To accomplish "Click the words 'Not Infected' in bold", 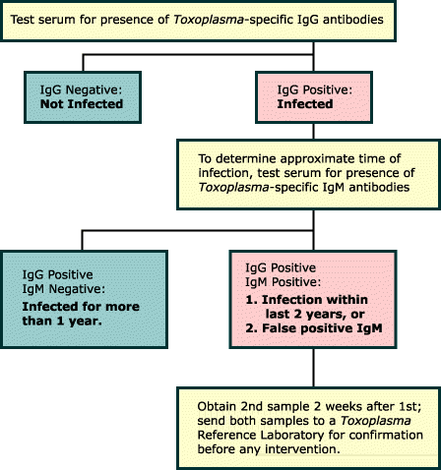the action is point(82,104).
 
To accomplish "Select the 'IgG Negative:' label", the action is point(81,89).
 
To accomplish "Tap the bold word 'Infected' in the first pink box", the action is point(305,104).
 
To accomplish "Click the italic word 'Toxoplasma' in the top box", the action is point(209,20).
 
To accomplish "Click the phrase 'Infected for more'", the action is point(81,307).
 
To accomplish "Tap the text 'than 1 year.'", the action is point(62,321).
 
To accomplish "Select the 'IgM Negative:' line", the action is point(64,289).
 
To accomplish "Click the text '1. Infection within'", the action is point(306,300).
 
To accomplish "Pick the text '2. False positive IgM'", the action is point(314,328).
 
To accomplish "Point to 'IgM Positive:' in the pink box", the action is point(283,282).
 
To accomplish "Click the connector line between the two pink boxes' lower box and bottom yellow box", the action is point(314,368).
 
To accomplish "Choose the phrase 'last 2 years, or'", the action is point(315,314).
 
